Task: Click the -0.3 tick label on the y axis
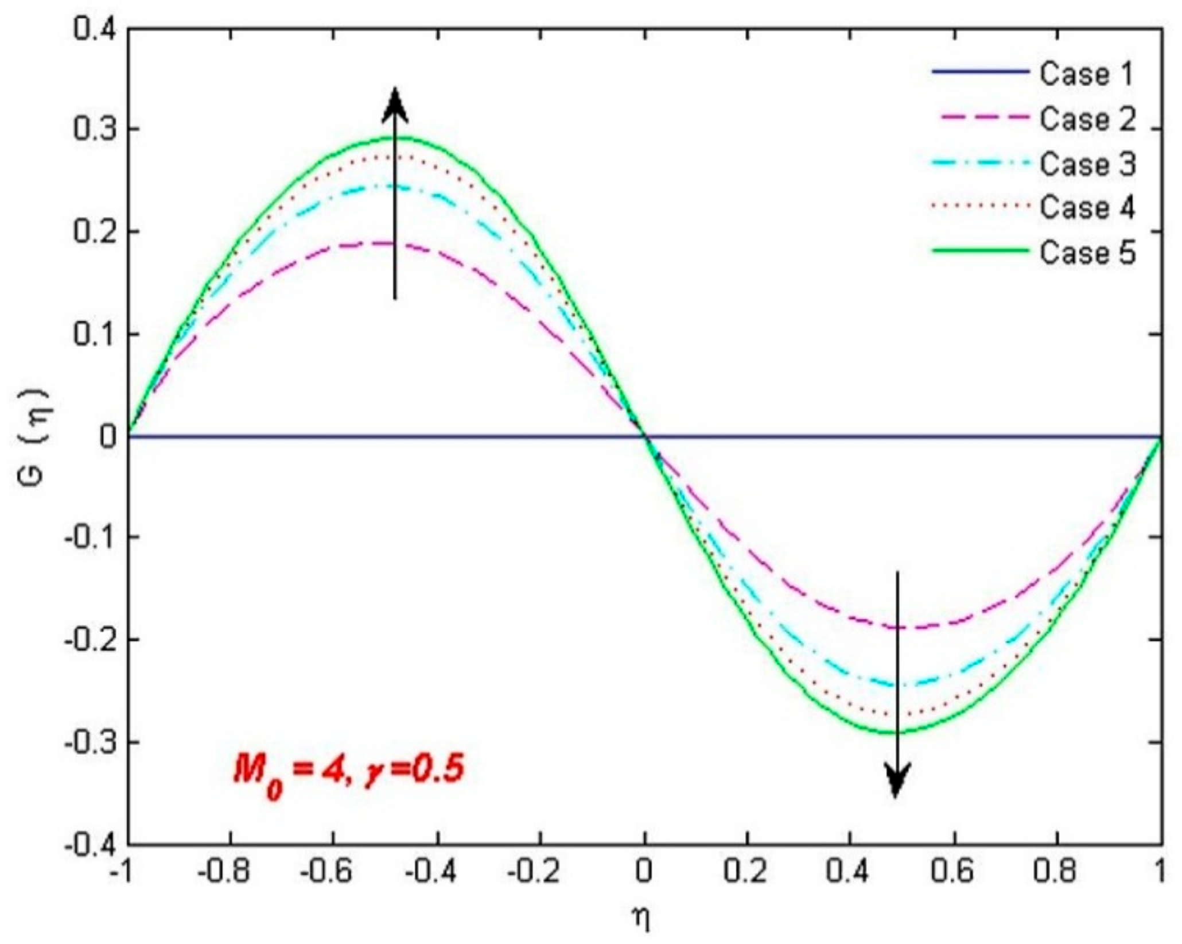(x=89, y=742)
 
